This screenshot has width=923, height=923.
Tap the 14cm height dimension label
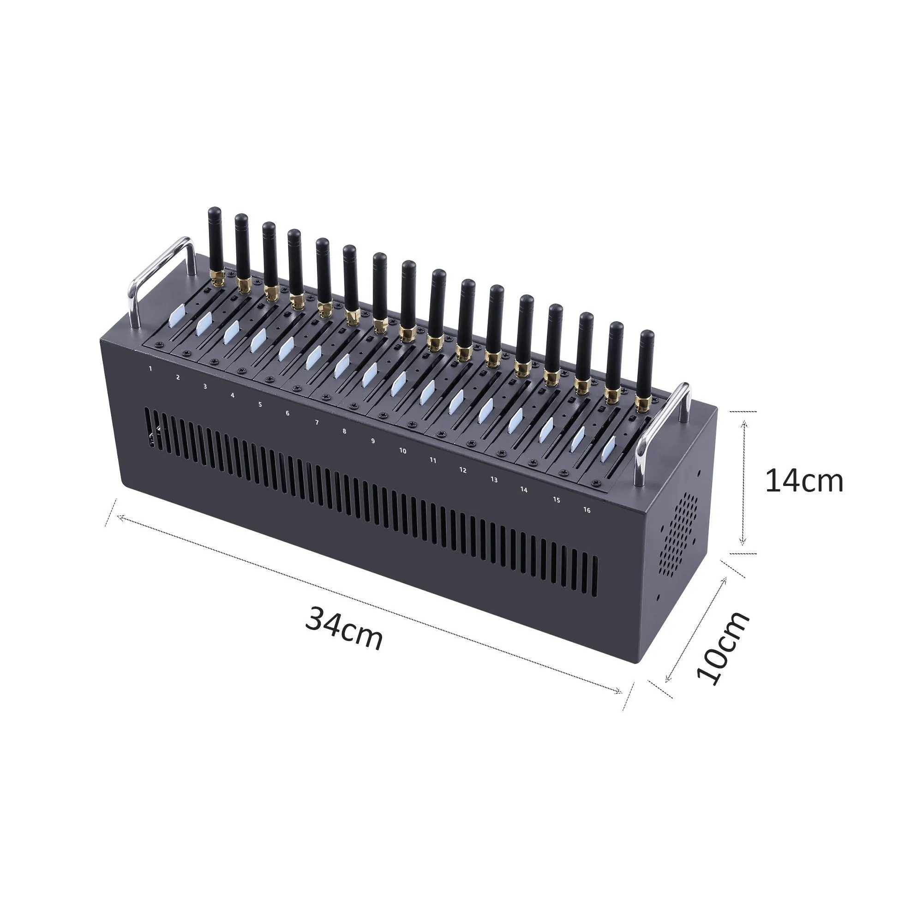coord(804,481)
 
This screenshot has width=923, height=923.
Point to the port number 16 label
coord(587,510)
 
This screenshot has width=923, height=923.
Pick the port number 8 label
coord(344,432)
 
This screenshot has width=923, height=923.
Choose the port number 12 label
coord(462,470)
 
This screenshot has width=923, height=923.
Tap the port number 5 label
coord(260,404)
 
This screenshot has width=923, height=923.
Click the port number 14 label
coord(524,490)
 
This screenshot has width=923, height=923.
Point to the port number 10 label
coord(403,450)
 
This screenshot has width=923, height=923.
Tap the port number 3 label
coord(205,386)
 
